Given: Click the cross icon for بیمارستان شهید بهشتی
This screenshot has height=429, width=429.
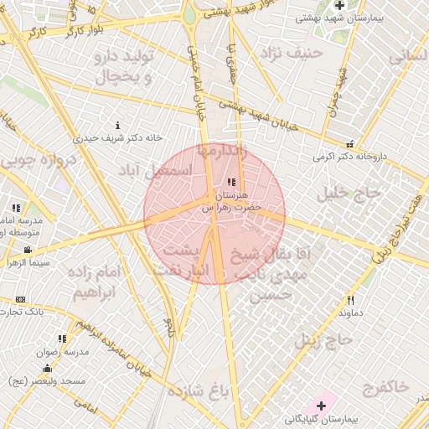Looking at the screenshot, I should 339,5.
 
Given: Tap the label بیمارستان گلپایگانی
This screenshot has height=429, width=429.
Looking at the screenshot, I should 321,418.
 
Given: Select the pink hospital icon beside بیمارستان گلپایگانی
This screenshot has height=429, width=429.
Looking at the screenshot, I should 321,406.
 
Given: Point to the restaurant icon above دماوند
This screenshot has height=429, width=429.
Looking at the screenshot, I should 350,300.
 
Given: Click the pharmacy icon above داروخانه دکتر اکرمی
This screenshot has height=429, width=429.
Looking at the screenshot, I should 349,144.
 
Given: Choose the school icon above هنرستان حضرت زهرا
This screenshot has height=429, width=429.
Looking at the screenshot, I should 231,183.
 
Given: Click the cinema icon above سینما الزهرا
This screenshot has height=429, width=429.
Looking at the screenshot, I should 28,250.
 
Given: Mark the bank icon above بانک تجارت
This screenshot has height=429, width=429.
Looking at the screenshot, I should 20,299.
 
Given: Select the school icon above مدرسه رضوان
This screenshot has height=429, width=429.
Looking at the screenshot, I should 62,339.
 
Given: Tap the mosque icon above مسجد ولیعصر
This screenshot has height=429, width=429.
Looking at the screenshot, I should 48,369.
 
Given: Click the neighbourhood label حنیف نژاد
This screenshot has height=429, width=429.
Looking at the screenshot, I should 292,54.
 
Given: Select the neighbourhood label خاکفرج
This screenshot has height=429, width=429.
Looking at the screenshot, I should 386,386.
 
